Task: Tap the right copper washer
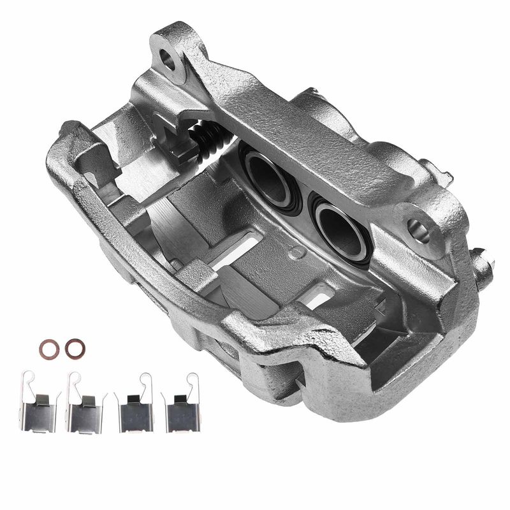(x=75, y=347)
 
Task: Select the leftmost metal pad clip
(x=40, y=409)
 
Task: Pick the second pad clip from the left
(x=86, y=409)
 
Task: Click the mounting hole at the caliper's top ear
(x=168, y=59)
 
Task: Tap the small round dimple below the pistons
(x=295, y=252)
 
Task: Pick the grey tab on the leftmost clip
(x=40, y=400)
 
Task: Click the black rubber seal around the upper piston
(x=249, y=160)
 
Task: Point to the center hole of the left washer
(x=48, y=348)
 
